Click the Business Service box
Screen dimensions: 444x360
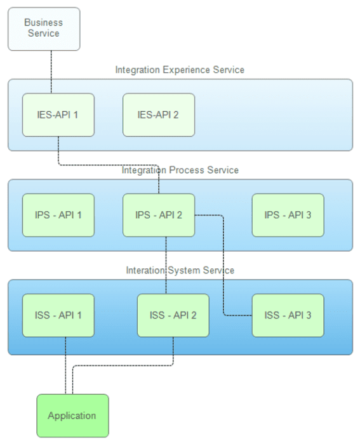(x=44, y=29)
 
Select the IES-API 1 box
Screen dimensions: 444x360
(x=58, y=115)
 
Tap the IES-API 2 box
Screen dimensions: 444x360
(x=158, y=115)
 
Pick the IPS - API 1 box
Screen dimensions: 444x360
(x=58, y=215)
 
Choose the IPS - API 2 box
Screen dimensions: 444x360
(x=158, y=215)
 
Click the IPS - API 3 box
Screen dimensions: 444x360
(x=288, y=215)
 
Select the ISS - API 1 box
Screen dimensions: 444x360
(x=58, y=315)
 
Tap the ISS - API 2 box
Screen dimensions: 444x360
(x=173, y=315)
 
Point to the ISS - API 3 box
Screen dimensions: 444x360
(x=288, y=315)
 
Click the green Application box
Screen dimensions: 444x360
(x=72, y=415)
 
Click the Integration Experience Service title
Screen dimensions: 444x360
(x=180, y=70)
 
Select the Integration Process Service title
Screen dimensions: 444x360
(x=180, y=170)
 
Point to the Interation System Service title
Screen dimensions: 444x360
(x=180, y=270)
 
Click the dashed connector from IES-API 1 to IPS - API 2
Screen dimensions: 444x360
(x=108, y=166)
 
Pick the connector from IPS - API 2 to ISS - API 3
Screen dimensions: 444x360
(x=224, y=266)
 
